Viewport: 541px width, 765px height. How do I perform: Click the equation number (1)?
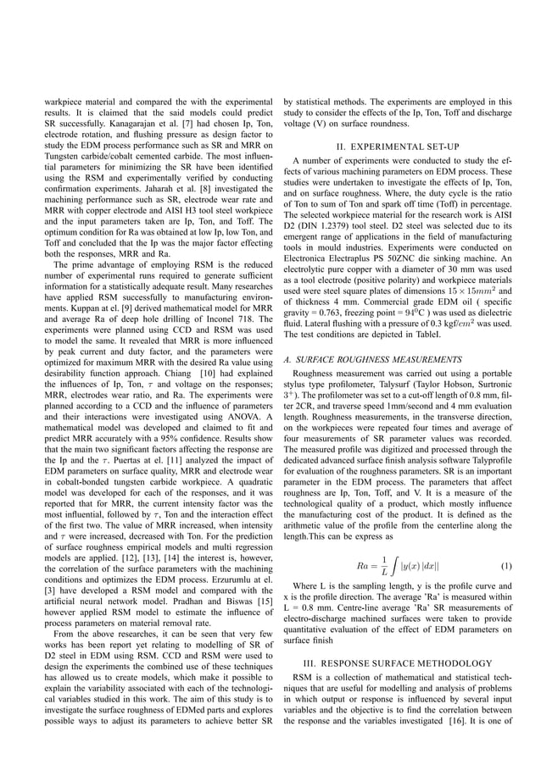point(506,565)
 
